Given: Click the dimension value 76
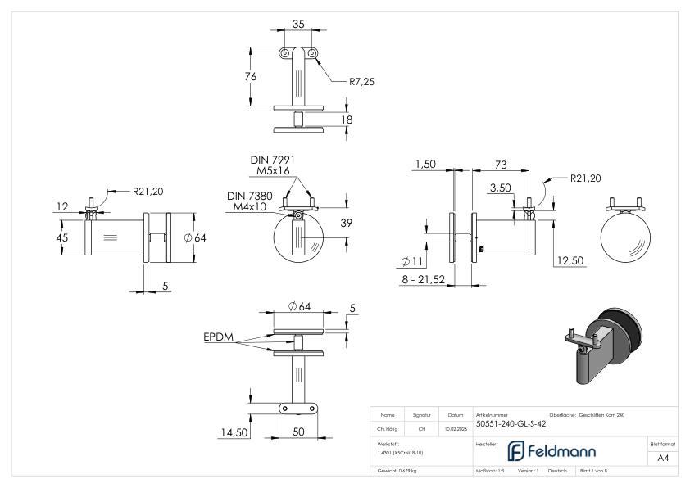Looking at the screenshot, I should (x=251, y=76).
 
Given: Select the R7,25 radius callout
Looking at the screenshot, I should (x=362, y=82).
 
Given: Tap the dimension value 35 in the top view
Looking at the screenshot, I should (x=298, y=25).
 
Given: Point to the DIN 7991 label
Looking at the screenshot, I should (x=272, y=160).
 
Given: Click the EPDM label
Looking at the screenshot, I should (x=219, y=337).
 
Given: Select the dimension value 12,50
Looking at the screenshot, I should (x=570, y=260).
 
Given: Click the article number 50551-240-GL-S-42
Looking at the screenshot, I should (x=511, y=423).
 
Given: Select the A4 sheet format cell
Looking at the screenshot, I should (x=662, y=459).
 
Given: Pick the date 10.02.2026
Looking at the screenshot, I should (x=456, y=427).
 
